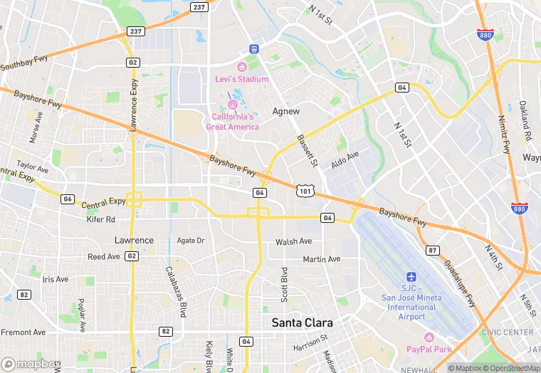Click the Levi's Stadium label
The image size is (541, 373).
point(242,79)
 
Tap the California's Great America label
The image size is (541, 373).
point(232,122)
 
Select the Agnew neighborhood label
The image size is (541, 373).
point(286,112)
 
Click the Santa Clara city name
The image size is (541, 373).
point(303,322)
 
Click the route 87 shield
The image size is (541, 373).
point(432,250)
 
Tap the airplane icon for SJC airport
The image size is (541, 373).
point(411,276)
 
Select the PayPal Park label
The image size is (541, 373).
point(429,349)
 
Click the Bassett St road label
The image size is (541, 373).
point(306,151)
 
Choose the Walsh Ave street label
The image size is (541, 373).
point(294,242)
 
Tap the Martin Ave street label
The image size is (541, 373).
point(322,259)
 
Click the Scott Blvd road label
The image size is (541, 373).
point(284,283)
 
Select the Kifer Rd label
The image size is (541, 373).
point(100,220)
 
